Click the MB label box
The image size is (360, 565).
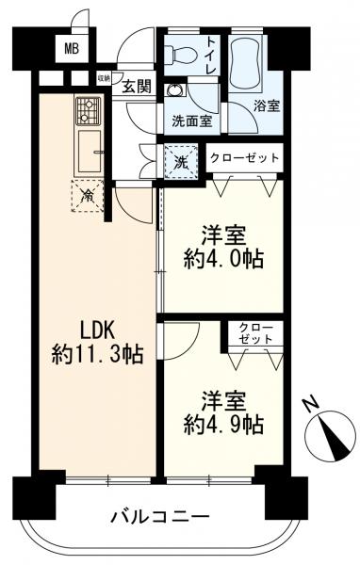(x=72, y=48)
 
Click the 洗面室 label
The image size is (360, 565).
(x=193, y=121)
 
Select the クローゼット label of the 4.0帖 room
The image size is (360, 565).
(x=244, y=157)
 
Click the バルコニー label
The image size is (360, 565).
(x=158, y=516)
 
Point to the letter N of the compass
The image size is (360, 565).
(x=311, y=405)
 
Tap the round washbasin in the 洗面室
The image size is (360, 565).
(x=174, y=90)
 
